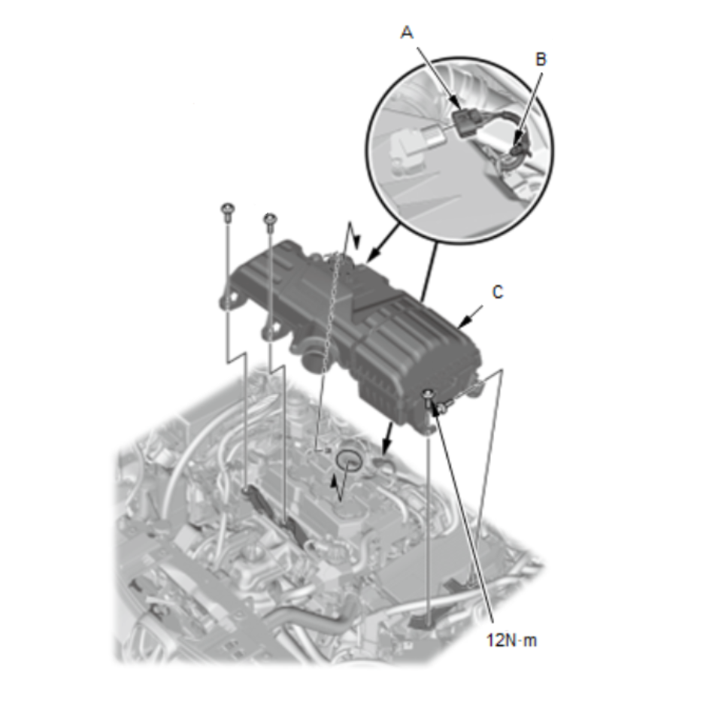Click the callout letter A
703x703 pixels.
pyautogui.click(x=407, y=33)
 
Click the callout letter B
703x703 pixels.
pyautogui.click(x=541, y=59)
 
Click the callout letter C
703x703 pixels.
pyautogui.click(x=498, y=292)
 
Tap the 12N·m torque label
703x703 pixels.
pyautogui.click(x=511, y=640)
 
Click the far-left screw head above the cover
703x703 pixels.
pyautogui.click(x=229, y=208)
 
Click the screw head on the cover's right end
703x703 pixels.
pyautogui.click(x=429, y=395)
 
